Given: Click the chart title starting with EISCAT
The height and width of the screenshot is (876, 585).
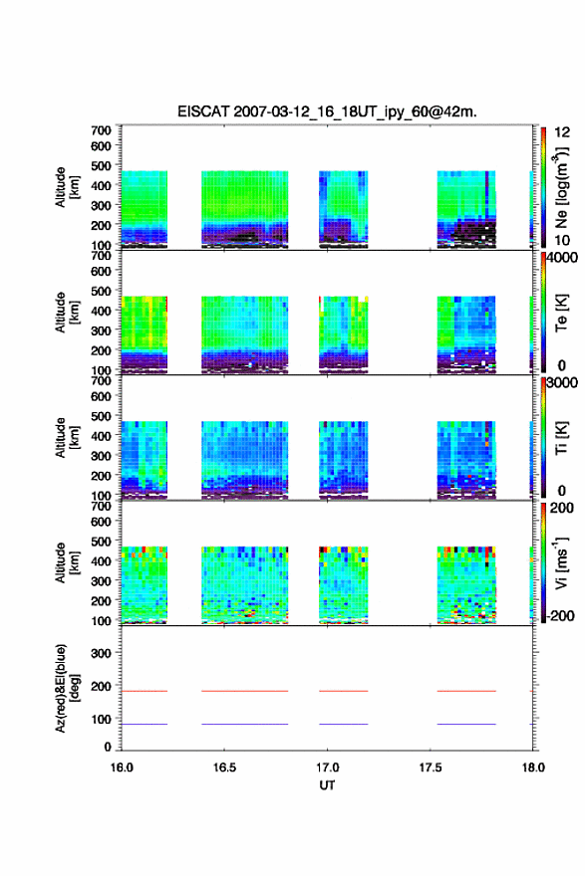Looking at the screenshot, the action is pyautogui.click(x=327, y=111).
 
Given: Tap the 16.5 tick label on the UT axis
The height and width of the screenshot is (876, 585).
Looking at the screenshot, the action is pyautogui.click(x=224, y=767).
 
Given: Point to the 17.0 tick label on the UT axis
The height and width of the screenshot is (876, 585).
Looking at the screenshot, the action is pyautogui.click(x=327, y=767).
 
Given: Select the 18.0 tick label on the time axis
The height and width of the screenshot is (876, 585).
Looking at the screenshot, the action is pyautogui.click(x=533, y=767).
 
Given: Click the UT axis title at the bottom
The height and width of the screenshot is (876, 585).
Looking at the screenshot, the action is pyautogui.click(x=327, y=785).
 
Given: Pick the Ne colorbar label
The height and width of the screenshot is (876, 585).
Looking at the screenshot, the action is pyautogui.click(x=561, y=188).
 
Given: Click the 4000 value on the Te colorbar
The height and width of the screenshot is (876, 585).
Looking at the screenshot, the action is pyautogui.click(x=562, y=258).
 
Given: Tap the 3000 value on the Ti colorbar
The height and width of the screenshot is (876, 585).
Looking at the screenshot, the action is pyautogui.click(x=562, y=383).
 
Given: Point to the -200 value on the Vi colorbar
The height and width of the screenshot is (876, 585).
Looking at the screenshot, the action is pyautogui.click(x=560, y=615).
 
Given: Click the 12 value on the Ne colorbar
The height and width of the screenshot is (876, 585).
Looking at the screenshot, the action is pyautogui.click(x=563, y=132).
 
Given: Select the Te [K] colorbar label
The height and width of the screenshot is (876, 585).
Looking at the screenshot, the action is pyautogui.click(x=561, y=313).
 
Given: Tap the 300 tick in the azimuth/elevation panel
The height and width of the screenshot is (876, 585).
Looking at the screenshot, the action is pyautogui.click(x=101, y=653).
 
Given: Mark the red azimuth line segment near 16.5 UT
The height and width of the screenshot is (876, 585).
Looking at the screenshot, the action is pyautogui.click(x=245, y=691).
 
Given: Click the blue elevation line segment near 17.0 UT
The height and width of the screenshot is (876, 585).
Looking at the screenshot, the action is pyautogui.click(x=344, y=724).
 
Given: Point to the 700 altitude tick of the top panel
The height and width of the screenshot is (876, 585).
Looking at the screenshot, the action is pyautogui.click(x=101, y=130).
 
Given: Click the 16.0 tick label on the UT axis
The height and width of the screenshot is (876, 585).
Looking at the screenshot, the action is pyautogui.click(x=122, y=767).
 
